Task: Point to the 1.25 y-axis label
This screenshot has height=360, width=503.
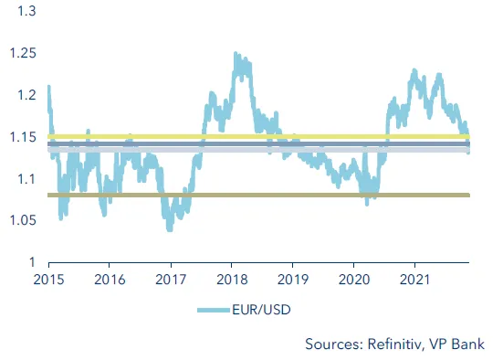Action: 21,54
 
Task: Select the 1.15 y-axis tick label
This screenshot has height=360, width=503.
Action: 21,137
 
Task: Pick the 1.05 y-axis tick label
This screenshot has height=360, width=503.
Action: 21,220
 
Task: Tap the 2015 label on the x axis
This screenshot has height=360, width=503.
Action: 48,280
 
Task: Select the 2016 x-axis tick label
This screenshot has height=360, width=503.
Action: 109,280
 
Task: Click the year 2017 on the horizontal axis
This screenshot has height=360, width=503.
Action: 171,280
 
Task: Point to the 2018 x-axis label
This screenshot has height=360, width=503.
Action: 232,280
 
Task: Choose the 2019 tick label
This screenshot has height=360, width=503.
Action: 293,280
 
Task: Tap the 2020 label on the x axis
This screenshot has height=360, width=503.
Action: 354,280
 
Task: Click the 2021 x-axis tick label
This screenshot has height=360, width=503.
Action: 415,280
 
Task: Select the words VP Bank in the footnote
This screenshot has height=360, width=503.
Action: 461,344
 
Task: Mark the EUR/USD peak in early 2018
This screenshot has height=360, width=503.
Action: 236,55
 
